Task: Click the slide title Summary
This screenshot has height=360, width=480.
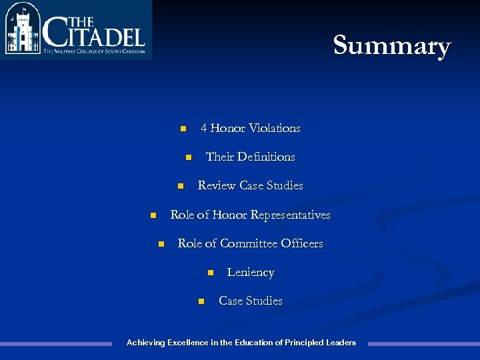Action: [x=392, y=45]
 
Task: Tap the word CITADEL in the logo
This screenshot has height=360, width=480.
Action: [x=93, y=31]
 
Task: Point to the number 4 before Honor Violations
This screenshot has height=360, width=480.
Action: [x=204, y=128]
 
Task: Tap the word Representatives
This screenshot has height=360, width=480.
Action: [x=289, y=215]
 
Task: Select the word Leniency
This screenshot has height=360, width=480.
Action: [x=251, y=272]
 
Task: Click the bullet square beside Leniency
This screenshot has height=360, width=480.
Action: [x=209, y=273]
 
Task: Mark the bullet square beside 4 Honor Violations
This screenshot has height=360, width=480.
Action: [x=183, y=129]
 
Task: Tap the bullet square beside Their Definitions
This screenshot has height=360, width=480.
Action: [x=188, y=157]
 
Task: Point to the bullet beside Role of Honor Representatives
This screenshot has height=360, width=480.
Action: [x=152, y=215]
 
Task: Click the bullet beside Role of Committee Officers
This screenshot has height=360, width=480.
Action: [x=160, y=244]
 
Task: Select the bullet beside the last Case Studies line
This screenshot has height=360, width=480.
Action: [x=201, y=301]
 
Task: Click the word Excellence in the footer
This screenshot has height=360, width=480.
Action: [x=187, y=343]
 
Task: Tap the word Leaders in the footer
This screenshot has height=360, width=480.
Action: [x=341, y=343]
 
